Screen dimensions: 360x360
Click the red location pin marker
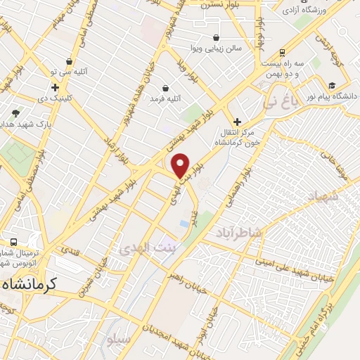[181, 165]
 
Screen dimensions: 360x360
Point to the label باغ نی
[281, 102]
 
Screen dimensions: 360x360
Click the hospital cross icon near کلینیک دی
[54, 87]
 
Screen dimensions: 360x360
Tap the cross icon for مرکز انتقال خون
[237, 121]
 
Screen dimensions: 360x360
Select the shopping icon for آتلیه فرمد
[165, 89]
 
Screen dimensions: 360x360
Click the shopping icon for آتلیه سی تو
[69, 61]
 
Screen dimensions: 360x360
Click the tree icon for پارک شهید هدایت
[15, 112]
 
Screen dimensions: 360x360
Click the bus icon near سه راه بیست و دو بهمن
[282, 52]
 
